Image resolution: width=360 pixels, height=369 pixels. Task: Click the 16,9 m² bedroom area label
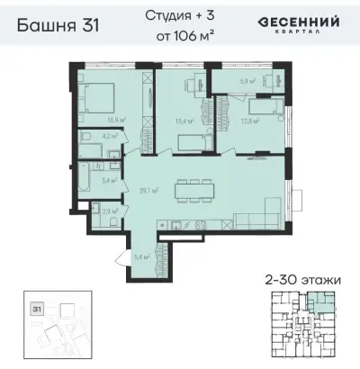[116, 119]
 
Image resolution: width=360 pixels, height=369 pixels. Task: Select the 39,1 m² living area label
[148, 191]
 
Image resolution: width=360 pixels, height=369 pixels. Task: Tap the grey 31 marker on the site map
[37, 309]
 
